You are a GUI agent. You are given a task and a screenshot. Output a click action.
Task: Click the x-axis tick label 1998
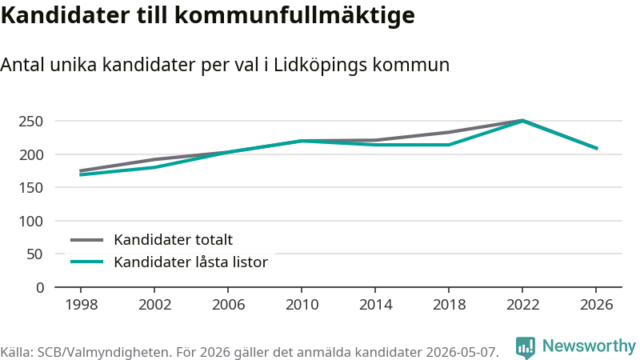point(82,305)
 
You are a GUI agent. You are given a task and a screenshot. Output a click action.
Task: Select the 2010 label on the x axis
point(302,305)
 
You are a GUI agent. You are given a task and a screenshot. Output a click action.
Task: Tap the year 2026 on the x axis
point(596,305)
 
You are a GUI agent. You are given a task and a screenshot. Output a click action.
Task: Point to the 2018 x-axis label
point(449,305)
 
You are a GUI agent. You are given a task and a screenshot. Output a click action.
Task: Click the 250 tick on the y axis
point(30,122)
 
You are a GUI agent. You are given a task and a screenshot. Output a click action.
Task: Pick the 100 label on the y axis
point(31,222)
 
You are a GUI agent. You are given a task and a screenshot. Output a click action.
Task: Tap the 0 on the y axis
point(39,288)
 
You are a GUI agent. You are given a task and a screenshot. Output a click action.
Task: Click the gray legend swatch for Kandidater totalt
point(86,240)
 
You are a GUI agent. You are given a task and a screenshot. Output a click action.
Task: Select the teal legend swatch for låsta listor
point(86,262)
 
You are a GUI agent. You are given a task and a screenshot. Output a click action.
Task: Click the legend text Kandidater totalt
point(173,239)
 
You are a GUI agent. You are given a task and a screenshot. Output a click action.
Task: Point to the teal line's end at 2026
point(597,149)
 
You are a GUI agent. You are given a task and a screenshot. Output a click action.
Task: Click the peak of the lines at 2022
point(522,121)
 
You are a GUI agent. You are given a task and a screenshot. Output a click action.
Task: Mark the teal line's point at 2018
point(449,145)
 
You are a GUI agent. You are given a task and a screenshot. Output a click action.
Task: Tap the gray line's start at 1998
point(81,170)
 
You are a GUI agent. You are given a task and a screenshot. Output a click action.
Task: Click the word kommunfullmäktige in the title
point(294,15)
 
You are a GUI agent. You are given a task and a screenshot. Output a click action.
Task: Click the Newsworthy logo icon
point(526,348)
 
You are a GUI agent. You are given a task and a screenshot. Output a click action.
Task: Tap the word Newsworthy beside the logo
point(589,346)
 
